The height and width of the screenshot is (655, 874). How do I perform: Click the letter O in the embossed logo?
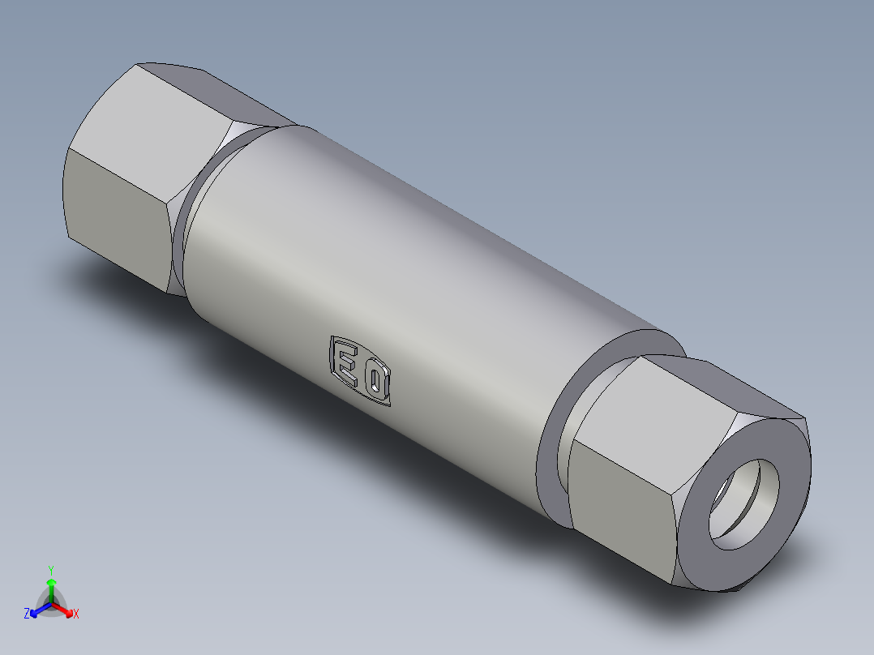(x=377, y=384)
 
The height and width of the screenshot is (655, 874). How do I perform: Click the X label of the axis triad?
(x=76, y=614)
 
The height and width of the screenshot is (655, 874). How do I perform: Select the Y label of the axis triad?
(x=51, y=570)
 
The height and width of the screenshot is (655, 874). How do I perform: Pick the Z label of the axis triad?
(x=27, y=614)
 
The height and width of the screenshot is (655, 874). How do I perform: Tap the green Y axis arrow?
(x=51, y=585)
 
